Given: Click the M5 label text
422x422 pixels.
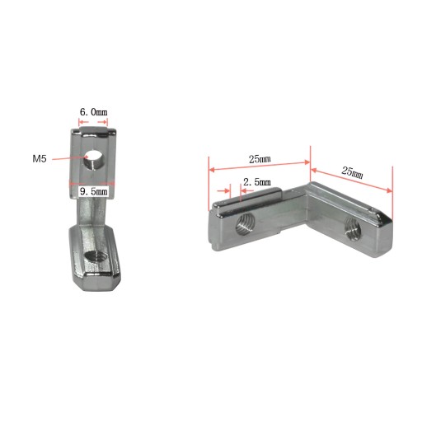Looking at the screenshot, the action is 40,158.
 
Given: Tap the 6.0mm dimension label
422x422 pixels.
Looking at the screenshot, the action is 93,112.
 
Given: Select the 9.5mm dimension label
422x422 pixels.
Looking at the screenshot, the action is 93,191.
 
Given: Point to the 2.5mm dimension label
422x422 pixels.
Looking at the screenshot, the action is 257,181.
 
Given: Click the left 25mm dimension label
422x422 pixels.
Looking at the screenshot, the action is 260,159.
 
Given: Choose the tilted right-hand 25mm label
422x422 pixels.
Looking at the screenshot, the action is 352,172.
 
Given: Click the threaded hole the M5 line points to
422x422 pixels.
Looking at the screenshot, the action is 93,160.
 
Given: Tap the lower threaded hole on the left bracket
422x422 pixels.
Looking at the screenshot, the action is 96,257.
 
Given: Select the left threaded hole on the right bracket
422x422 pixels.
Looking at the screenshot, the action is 246,224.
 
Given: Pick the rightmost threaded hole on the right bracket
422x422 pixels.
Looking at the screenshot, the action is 353,226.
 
